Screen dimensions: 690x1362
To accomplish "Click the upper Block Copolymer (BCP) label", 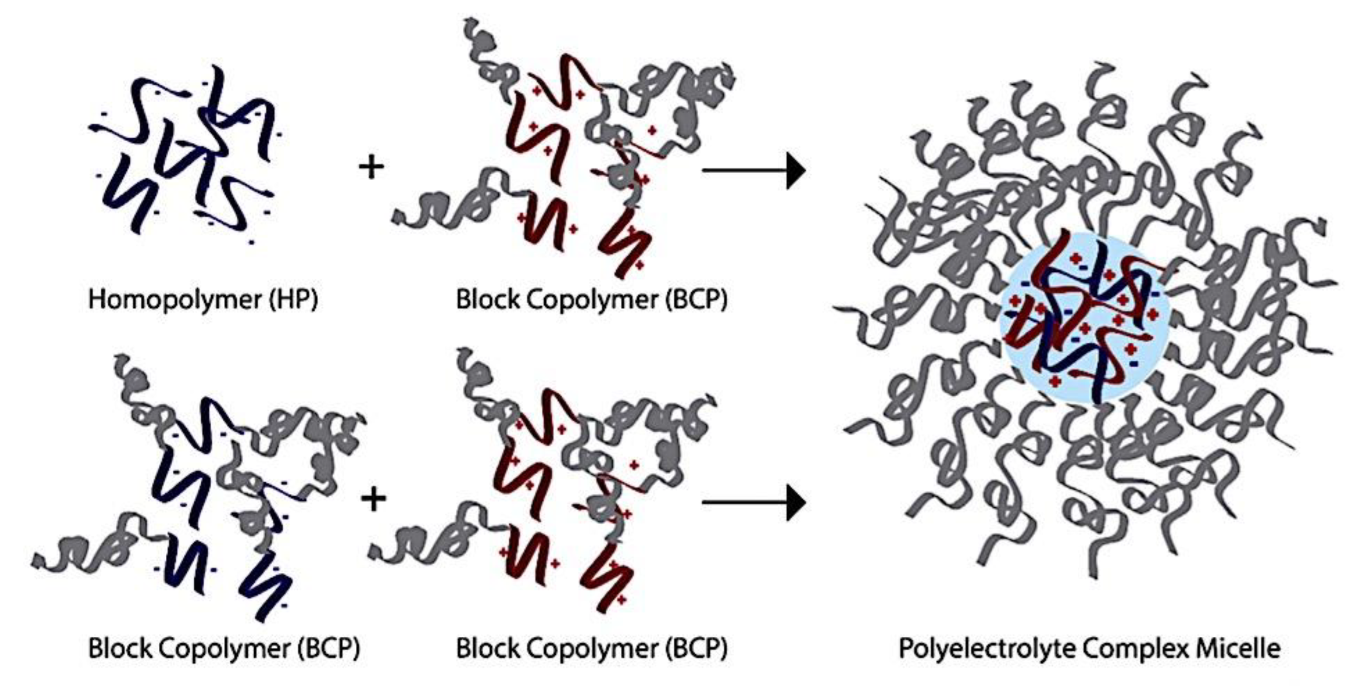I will [592, 300].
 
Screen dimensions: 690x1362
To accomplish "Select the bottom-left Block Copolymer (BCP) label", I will [224, 648].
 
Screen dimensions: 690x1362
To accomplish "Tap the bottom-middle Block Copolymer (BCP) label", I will [592, 648].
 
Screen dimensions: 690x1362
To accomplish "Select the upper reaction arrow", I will [753, 171].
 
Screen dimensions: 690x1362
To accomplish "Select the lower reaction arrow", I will [753, 502].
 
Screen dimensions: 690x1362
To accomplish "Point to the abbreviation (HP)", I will [293, 300].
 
